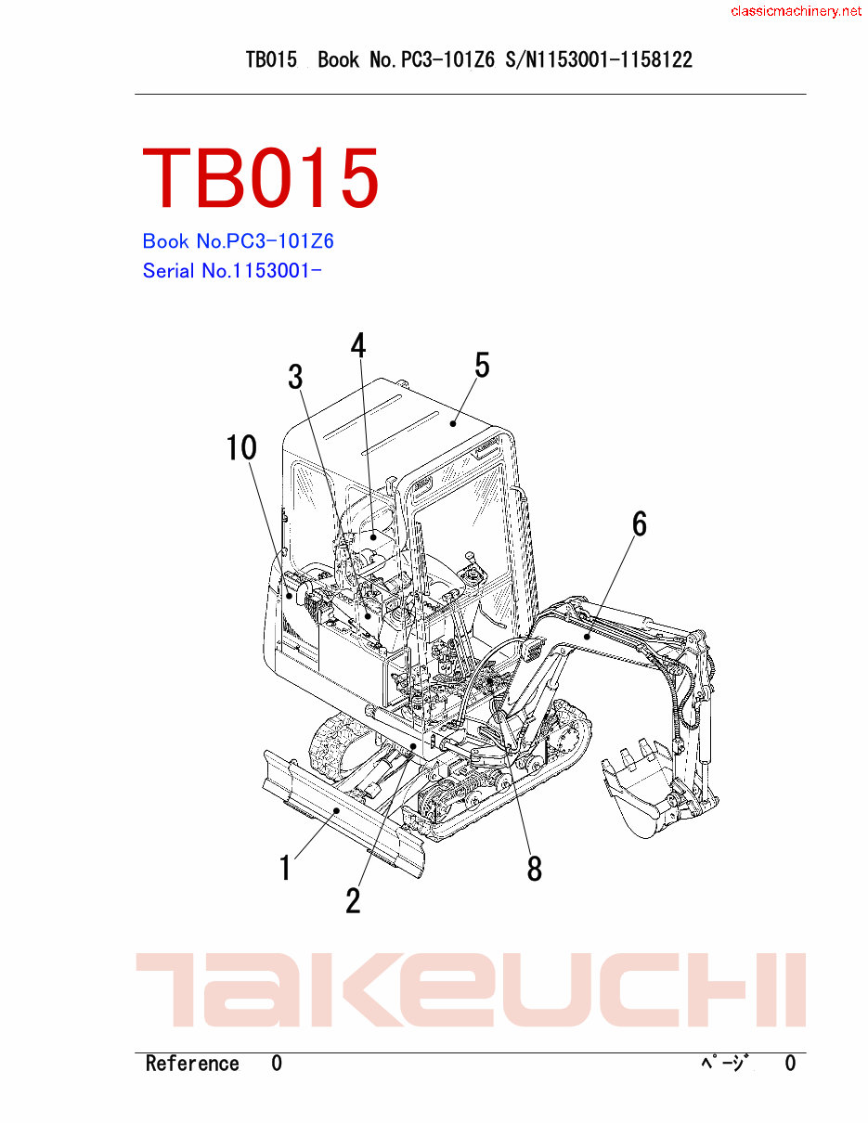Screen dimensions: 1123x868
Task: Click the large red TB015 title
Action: (x=261, y=177)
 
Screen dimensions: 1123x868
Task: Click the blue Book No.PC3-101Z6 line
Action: (x=238, y=241)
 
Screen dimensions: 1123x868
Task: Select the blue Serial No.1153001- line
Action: (x=231, y=271)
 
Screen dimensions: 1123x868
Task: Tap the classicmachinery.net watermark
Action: (x=796, y=11)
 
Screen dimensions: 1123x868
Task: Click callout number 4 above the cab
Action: (x=357, y=345)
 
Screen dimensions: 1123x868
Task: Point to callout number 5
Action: (x=482, y=366)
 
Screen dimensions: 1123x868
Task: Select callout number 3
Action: (x=295, y=377)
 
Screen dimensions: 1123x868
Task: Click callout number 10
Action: (x=241, y=448)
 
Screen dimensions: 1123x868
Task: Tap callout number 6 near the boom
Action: (x=640, y=524)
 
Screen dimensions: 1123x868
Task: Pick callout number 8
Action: (x=534, y=869)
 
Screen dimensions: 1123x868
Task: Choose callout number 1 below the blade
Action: (x=286, y=868)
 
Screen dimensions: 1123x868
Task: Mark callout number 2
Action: (x=353, y=900)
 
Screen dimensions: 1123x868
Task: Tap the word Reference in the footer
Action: (x=192, y=1064)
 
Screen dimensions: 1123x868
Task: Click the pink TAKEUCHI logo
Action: (x=471, y=989)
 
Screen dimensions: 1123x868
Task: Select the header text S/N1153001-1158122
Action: (x=599, y=60)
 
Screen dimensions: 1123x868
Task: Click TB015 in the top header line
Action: (x=271, y=60)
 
